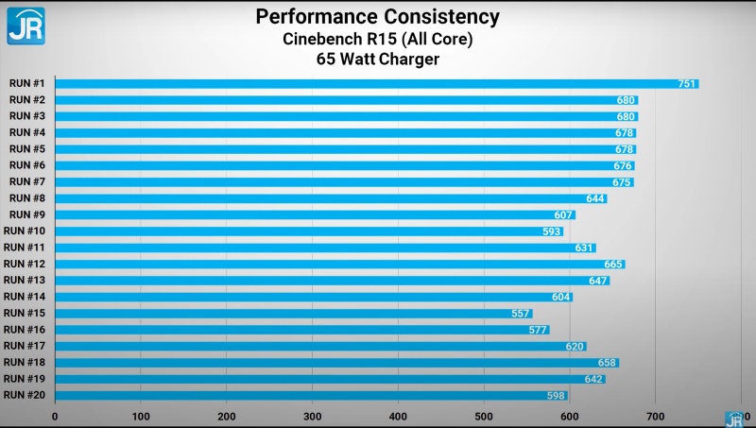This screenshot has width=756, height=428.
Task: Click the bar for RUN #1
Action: click(376, 84)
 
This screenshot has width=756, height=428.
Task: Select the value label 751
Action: click(687, 84)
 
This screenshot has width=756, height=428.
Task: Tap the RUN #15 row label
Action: click(25, 313)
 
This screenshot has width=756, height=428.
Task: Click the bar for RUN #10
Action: click(309, 231)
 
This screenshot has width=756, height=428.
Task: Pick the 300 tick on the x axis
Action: click(312, 416)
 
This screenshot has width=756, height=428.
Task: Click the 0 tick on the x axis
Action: click(55, 416)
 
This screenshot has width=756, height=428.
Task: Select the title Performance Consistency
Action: click(378, 17)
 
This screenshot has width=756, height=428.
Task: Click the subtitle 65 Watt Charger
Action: click(378, 60)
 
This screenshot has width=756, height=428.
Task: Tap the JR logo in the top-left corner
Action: click(26, 25)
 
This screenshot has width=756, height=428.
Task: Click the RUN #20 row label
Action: click(25, 395)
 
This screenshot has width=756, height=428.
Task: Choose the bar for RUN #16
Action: click(301, 330)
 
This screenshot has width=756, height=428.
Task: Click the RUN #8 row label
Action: click(27, 198)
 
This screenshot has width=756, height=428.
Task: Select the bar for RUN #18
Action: click(336, 363)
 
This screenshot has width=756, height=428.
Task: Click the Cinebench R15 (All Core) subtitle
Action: click(378, 39)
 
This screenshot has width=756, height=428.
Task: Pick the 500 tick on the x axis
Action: click(484, 416)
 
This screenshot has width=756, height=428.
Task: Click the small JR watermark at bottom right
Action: click(733, 419)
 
